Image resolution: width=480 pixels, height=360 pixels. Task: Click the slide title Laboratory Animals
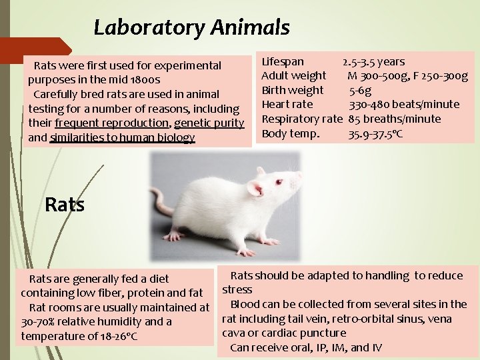pyautogui.click(x=191, y=27)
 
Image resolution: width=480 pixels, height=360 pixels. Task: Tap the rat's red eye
pyautogui.click(x=279, y=182)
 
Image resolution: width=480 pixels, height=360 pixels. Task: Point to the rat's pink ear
pyautogui.click(x=255, y=189)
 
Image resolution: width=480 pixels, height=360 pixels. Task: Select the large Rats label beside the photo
pyautogui.click(x=65, y=205)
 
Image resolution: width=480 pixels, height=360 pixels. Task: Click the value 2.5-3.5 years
pyautogui.click(x=373, y=61)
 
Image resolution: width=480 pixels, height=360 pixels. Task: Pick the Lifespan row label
pyautogui.click(x=282, y=61)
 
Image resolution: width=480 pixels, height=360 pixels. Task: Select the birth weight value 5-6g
pyautogui.click(x=360, y=90)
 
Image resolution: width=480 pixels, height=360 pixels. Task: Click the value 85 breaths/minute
pyautogui.click(x=394, y=119)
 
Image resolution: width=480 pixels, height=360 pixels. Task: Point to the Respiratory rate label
pyautogui.click(x=301, y=119)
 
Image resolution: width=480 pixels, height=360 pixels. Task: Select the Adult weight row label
pyautogui.click(x=293, y=75)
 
